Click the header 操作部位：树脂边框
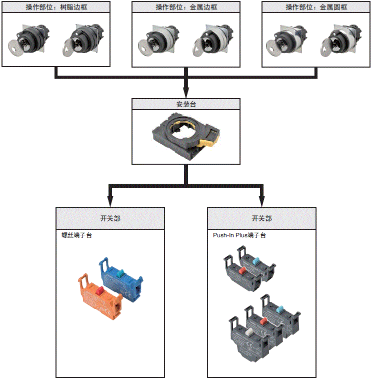point(56,7)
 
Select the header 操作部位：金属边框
point(185,7)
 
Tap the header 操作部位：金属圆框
point(315,7)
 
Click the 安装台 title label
point(185,105)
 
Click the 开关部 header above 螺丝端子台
point(109,218)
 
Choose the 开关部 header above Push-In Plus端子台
point(261,218)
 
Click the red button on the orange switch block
point(99,290)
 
